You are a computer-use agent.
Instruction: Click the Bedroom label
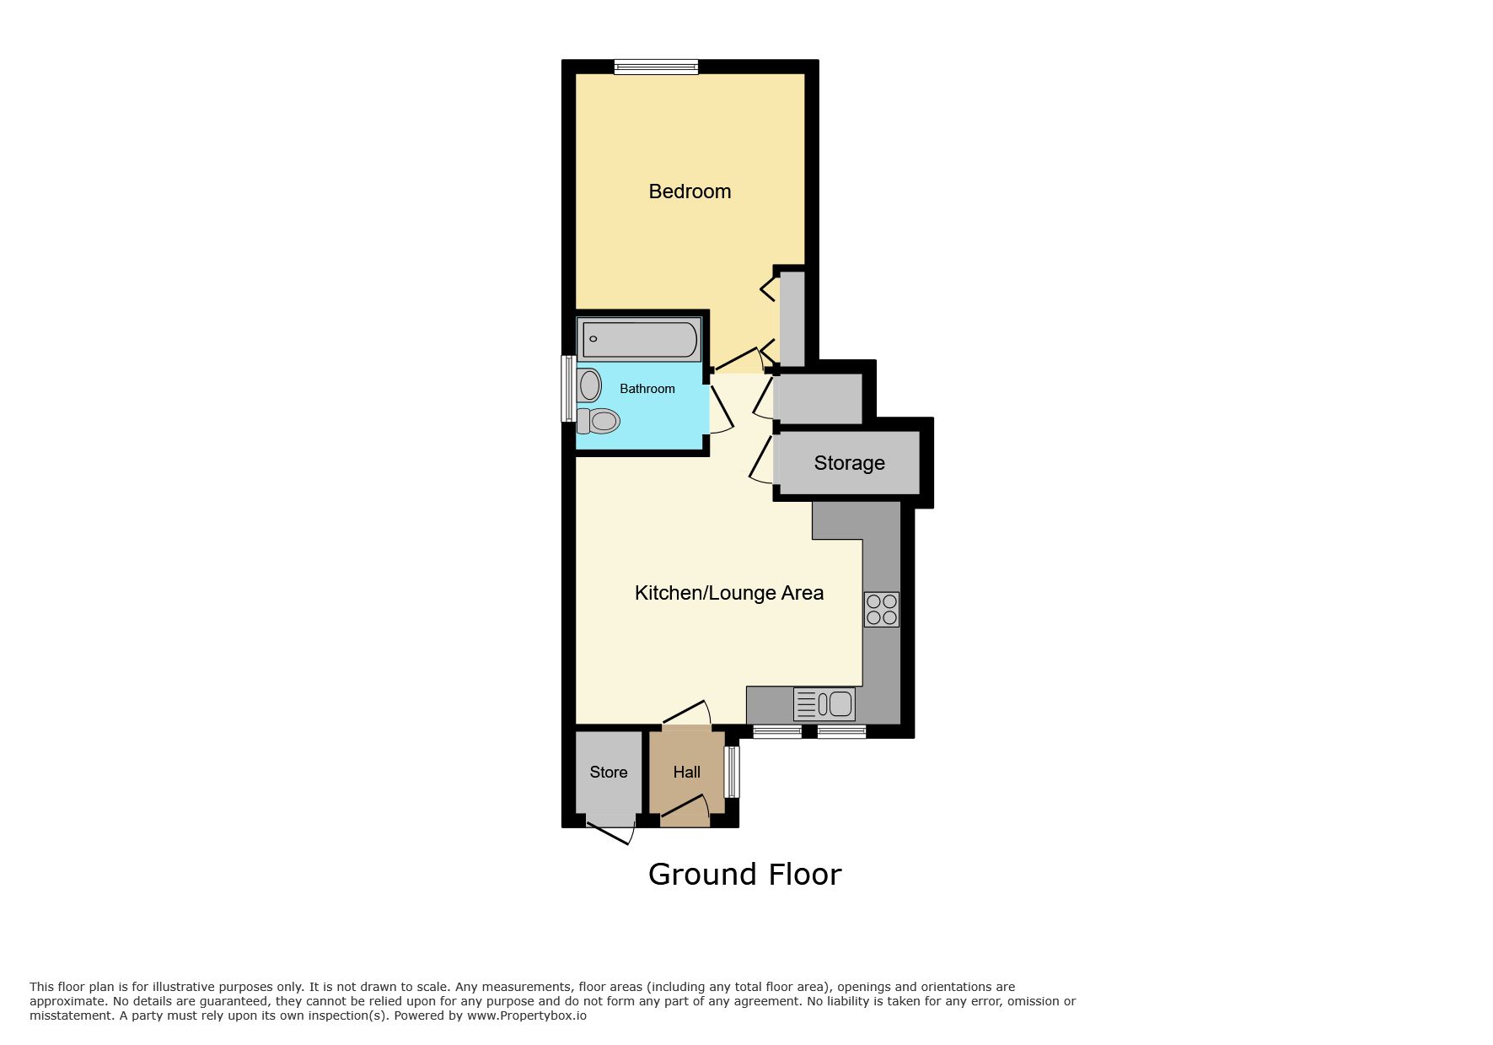(x=690, y=191)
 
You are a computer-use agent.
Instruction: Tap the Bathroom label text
(x=647, y=389)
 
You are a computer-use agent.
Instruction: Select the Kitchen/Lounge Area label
(x=729, y=593)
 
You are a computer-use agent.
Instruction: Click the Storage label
(x=849, y=463)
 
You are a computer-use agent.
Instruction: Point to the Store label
(x=609, y=773)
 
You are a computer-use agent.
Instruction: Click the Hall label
(x=686, y=772)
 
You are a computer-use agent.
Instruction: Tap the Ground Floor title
(x=744, y=875)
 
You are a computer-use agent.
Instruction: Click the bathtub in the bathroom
(x=639, y=339)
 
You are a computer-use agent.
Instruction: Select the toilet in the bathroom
(x=599, y=420)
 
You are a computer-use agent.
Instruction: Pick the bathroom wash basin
(x=588, y=385)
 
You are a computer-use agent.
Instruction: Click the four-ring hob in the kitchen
(x=882, y=609)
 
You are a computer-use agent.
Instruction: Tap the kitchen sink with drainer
(x=824, y=703)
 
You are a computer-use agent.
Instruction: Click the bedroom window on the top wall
(x=656, y=67)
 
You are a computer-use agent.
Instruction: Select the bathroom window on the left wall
(x=569, y=388)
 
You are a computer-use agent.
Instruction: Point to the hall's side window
(x=733, y=772)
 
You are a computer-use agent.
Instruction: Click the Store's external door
(x=610, y=827)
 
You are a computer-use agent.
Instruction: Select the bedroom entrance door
(x=739, y=360)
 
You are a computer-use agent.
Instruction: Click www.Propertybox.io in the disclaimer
(x=526, y=1015)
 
